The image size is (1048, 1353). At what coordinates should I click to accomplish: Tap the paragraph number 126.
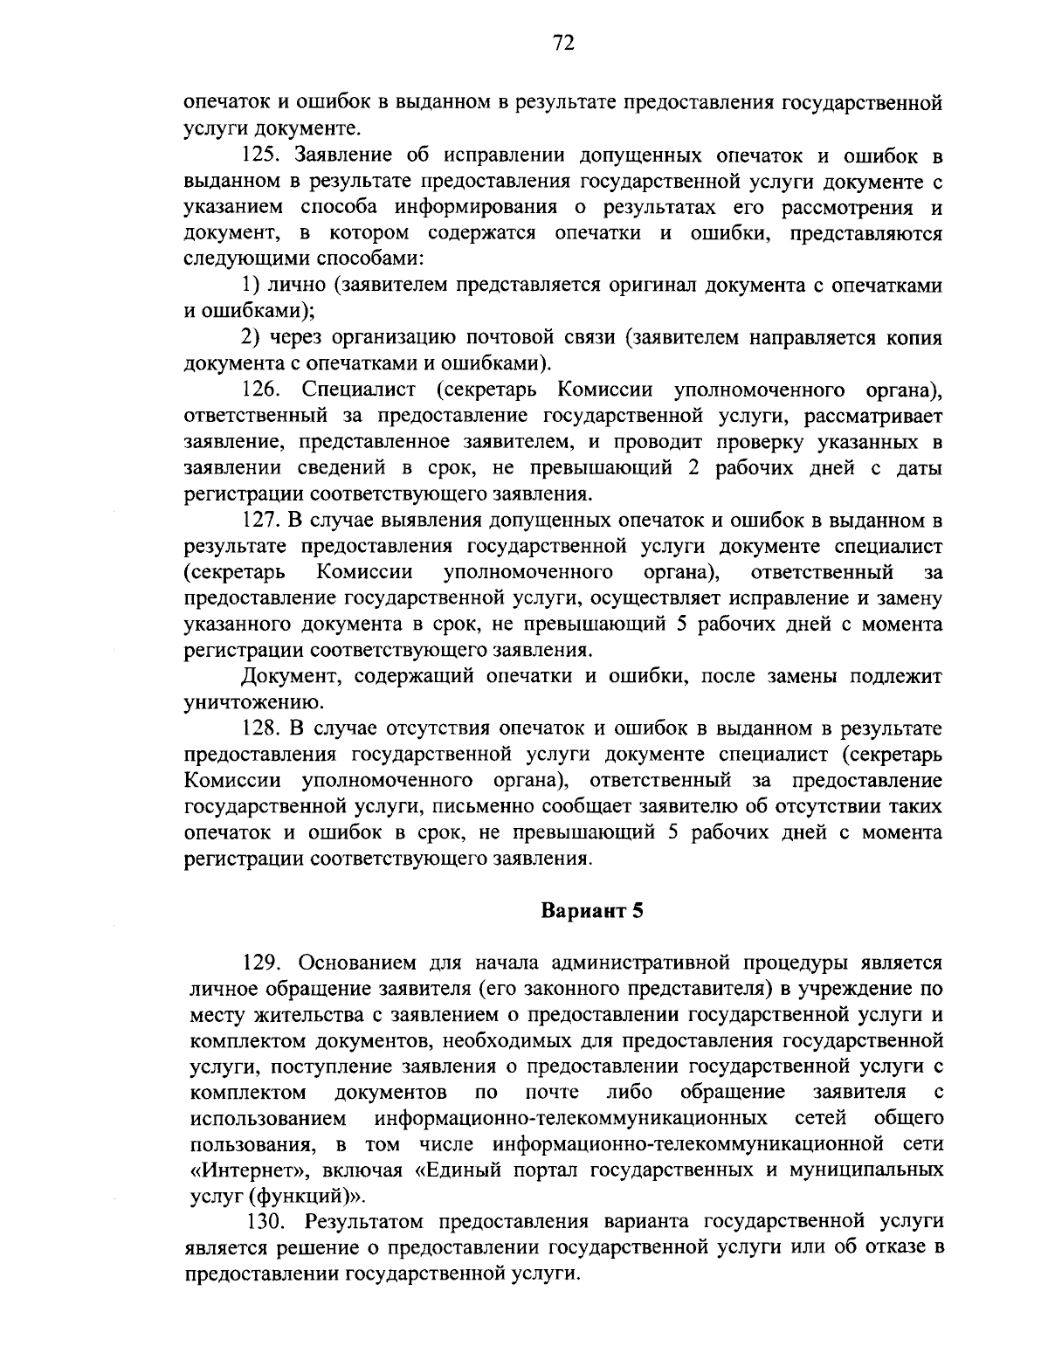264,389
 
